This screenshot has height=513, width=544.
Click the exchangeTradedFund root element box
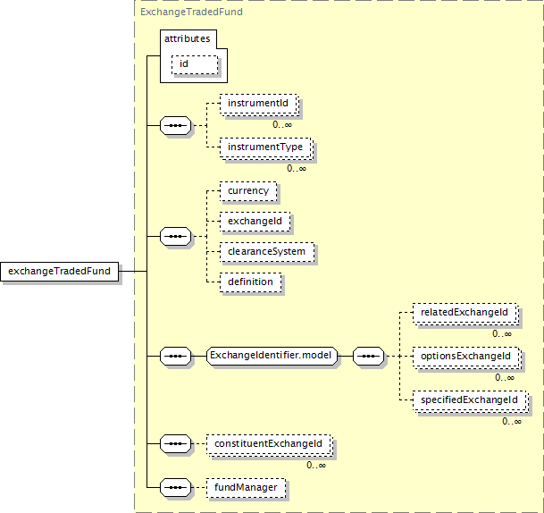(x=60, y=271)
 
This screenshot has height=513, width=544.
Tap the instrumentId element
(x=259, y=105)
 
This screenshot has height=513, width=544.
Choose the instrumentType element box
(x=266, y=147)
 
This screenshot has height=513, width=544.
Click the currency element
(x=247, y=191)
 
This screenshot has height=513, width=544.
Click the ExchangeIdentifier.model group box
(x=271, y=356)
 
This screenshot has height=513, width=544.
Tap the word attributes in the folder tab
(x=187, y=38)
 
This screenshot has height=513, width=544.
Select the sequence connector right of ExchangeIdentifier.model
(x=368, y=357)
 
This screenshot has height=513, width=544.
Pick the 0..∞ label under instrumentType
(x=297, y=168)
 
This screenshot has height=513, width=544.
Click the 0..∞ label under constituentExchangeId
(x=316, y=465)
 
